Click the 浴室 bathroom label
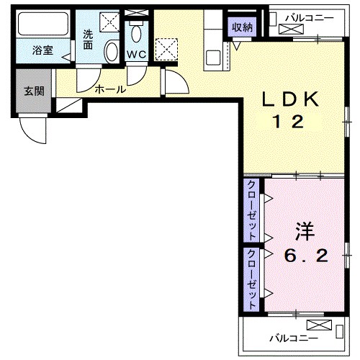point(42,50)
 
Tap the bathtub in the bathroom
point(43,24)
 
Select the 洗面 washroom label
point(88,40)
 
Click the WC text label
point(136,55)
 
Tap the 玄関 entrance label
point(34,91)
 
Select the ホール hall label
point(110,89)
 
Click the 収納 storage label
point(242,27)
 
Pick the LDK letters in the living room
point(290,99)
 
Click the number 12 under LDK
point(289,122)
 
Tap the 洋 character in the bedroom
point(305,231)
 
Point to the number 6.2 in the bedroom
point(306,256)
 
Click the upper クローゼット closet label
point(251,210)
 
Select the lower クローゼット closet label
point(251,279)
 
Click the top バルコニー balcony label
point(310,18)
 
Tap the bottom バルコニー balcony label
point(294,338)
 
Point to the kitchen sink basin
point(213,58)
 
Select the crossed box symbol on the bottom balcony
point(319,325)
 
